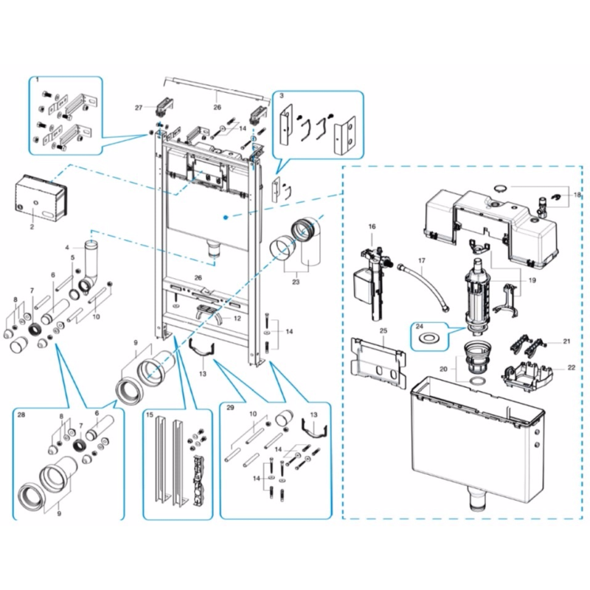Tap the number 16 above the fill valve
(x=372, y=226)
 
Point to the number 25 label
(x=383, y=332)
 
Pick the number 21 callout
(x=566, y=341)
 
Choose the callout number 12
(x=237, y=319)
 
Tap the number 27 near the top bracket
(x=138, y=108)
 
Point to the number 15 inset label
(x=150, y=416)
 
